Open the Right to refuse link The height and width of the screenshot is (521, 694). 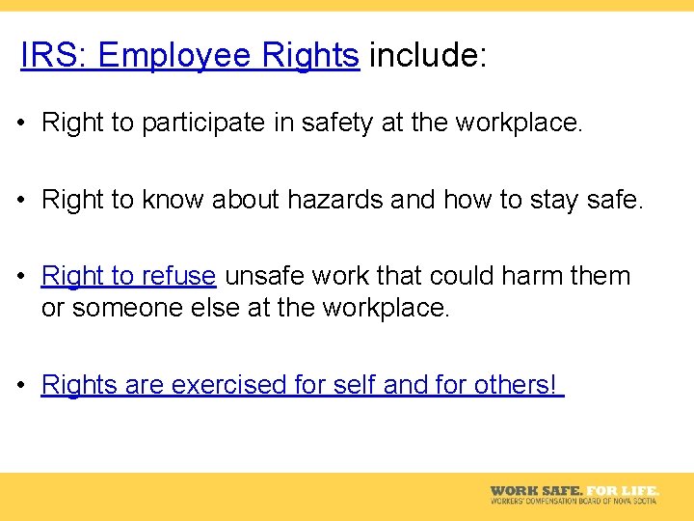click(128, 276)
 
